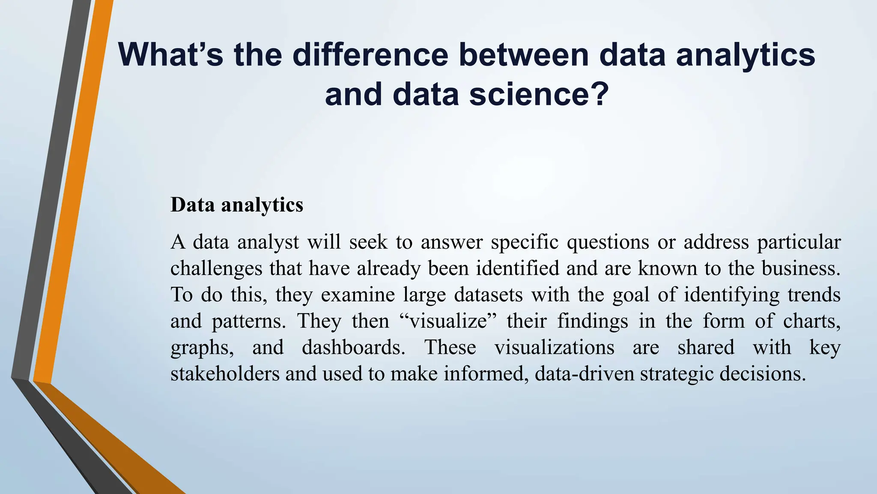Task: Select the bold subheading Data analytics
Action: (x=237, y=205)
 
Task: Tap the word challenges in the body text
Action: (x=216, y=269)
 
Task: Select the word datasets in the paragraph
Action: (x=488, y=295)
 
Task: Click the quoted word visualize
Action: (x=448, y=321)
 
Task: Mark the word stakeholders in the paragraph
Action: (x=225, y=374)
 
